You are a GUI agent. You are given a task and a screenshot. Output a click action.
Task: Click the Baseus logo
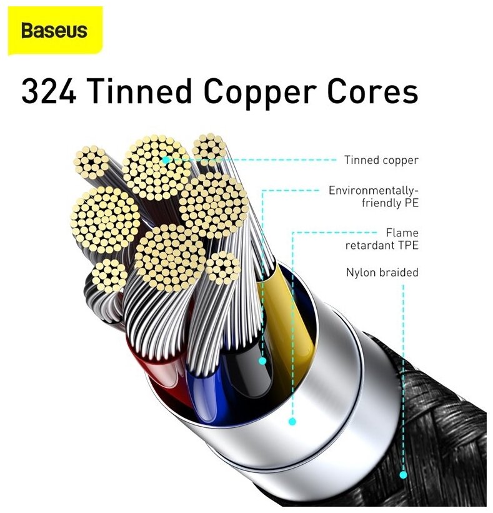54,31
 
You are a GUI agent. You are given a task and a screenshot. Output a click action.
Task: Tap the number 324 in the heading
49,92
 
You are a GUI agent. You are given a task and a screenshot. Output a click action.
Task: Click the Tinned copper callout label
381,160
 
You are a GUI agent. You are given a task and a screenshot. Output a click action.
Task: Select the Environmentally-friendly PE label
373,196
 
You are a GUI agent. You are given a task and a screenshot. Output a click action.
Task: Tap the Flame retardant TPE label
382,238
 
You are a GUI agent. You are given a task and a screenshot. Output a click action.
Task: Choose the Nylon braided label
382,273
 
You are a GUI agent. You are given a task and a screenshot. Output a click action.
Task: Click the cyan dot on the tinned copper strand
166,160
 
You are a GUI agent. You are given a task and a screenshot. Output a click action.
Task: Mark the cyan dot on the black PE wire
262,360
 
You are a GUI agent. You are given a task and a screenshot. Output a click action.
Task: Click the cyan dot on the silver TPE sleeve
291,422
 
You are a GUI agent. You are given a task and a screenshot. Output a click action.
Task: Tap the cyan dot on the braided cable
403,475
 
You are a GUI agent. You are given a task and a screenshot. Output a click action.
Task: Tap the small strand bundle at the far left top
91,162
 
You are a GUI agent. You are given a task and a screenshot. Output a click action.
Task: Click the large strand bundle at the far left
105,220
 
